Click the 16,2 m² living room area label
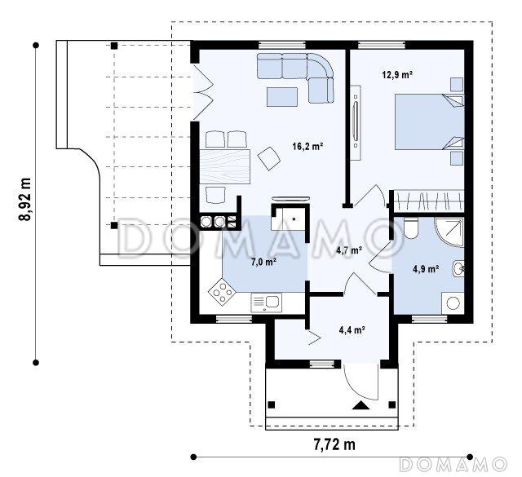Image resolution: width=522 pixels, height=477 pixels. click(308, 146)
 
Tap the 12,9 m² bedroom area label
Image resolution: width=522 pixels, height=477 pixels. click(397, 74)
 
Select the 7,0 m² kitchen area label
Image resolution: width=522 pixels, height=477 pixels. click(264, 263)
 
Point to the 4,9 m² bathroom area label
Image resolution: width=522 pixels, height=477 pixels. click(426, 269)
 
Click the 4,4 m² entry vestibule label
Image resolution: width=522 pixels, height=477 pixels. click(352, 330)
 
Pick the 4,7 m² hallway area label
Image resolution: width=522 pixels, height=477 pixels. click(349, 250)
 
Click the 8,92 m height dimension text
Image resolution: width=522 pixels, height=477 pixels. click(24, 199)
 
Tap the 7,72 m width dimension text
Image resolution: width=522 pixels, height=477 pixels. click(334, 444)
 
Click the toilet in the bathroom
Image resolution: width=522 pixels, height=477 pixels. click(410, 228)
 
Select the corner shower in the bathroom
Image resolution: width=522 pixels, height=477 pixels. click(449, 232)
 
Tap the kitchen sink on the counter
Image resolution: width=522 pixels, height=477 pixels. click(267, 303)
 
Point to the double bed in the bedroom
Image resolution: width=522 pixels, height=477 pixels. click(430, 121)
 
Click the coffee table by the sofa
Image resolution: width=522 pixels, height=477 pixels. click(282, 97)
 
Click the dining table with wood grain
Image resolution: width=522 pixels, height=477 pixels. click(225, 166)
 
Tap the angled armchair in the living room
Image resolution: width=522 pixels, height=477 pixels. click(268, 158)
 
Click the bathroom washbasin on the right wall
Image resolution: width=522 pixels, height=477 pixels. click(458, 268)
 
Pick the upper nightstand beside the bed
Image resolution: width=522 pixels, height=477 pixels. click(457, 85)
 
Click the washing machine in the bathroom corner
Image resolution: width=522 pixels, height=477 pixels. click(453, 303)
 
